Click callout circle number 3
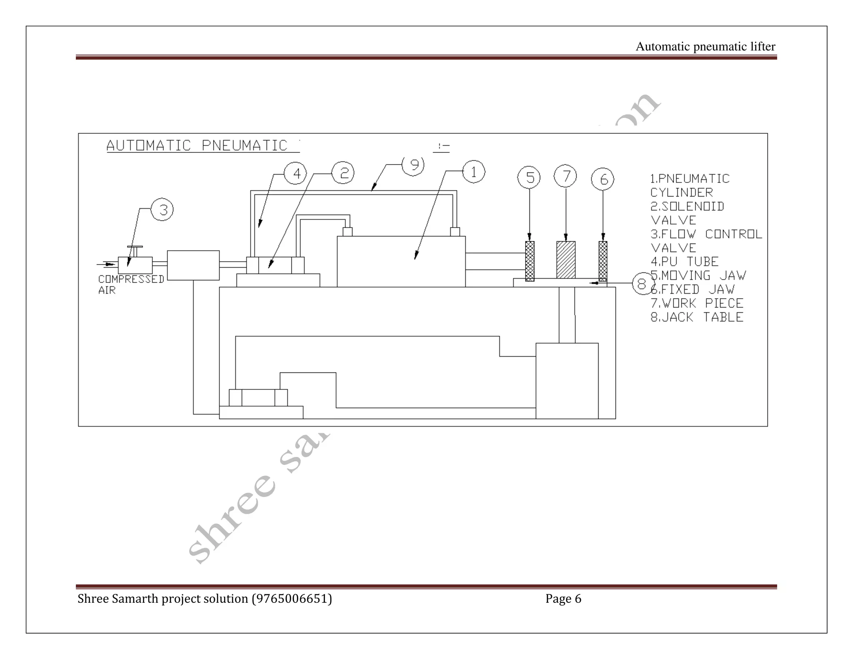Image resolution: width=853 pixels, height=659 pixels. pyautogui.click(x=162, y=210)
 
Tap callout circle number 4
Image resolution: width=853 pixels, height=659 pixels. pyautogui.click(x=295, y=173)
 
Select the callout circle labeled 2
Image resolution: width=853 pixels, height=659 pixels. pyautogui.click(x=343, y=173)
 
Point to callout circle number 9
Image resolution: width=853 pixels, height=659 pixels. pyautogui.click(x=413, y=165)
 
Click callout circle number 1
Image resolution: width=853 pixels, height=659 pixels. pyautogui.click(x=474, y=172)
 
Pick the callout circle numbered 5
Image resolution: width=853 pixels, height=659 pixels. pyautogui.click(x=529, y=177)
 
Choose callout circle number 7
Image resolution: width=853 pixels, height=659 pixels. pyautogui.click(x=565, y=176)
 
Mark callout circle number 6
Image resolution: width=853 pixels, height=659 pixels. pyautogui.click(x=603, y=179)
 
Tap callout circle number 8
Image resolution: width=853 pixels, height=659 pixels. pyautogui.click(x=642, y=284)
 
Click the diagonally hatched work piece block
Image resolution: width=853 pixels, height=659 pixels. pyautogui.click(x=566, y=260)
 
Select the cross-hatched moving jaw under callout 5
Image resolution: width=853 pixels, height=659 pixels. pyautogui.click(x=529, y=261)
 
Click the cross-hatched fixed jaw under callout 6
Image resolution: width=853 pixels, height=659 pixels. pyautogui.click(x=603, y=261)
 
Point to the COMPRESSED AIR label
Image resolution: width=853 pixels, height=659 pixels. pyautogui.click(x=130, y=284)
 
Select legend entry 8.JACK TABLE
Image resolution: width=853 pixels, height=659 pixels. pyautogui.click(x=697, y=317)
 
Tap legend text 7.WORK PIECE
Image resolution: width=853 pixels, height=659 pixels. pyautogui.click(x=697, y=303)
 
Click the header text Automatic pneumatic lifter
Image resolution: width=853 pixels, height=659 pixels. pyautogui.click(x=705, y=47)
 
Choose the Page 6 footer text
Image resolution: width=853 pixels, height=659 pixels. pyautogui.click(x=563, y=599)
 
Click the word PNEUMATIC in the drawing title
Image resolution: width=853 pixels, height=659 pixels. pyautogui.click(x=244, y=145)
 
